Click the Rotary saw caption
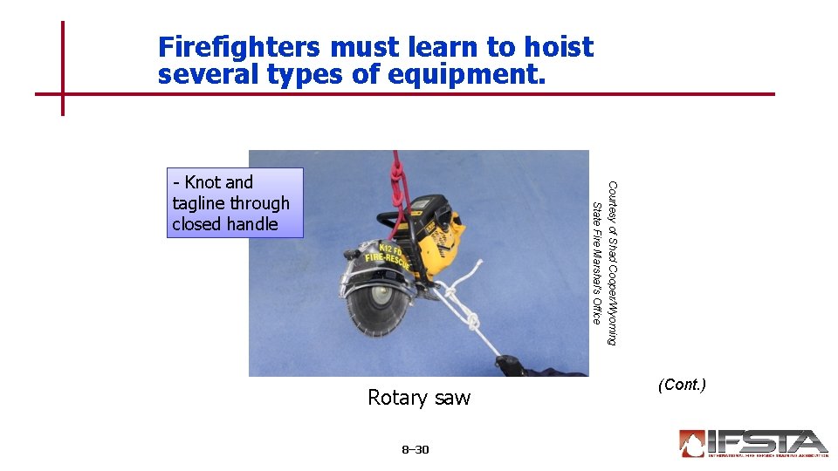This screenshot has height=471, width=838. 419,398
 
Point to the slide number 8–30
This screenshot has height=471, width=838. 416,450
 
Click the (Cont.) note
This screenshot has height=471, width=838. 683,385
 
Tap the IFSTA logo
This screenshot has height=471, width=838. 752,443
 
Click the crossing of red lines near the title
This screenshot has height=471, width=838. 63,94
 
